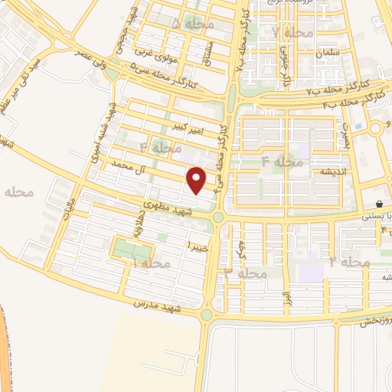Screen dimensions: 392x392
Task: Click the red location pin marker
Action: (x=198, y=180)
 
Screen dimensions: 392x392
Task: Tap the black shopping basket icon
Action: (x=380, y=204)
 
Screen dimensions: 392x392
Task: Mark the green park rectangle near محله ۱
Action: (x=129, y=249)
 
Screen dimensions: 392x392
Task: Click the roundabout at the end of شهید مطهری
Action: (x=218, y=218)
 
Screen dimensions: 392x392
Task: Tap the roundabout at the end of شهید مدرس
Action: (x=206, y=314)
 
